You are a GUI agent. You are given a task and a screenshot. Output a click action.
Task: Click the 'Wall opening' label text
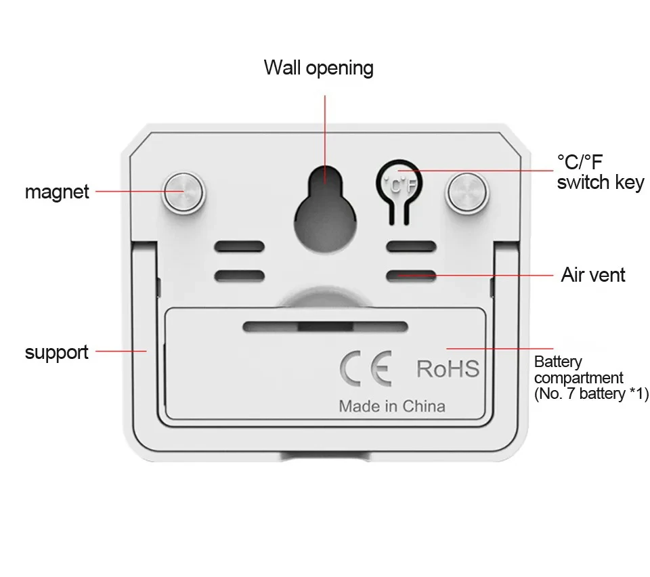pos(318,68)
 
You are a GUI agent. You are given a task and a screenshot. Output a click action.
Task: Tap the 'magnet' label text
pos(57,192)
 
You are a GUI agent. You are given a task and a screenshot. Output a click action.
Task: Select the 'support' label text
pos(57,352)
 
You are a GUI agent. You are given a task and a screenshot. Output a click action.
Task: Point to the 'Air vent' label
pos(593,275)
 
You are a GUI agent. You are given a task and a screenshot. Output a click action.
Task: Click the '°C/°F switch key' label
pos(600,172)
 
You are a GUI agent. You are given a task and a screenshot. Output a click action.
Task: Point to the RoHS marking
pos(448,369)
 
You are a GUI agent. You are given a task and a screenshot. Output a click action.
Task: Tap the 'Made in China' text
pos(392,406)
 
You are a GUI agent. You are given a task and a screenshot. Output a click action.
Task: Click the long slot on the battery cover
pos(325,326)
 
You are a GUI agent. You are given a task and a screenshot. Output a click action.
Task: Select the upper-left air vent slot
pos(240,247)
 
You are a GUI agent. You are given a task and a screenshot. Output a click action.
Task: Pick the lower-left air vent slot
pos(240,276)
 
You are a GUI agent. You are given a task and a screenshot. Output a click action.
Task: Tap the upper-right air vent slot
pos(411,247)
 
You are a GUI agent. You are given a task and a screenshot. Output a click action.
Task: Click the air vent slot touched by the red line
pos(411,276)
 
